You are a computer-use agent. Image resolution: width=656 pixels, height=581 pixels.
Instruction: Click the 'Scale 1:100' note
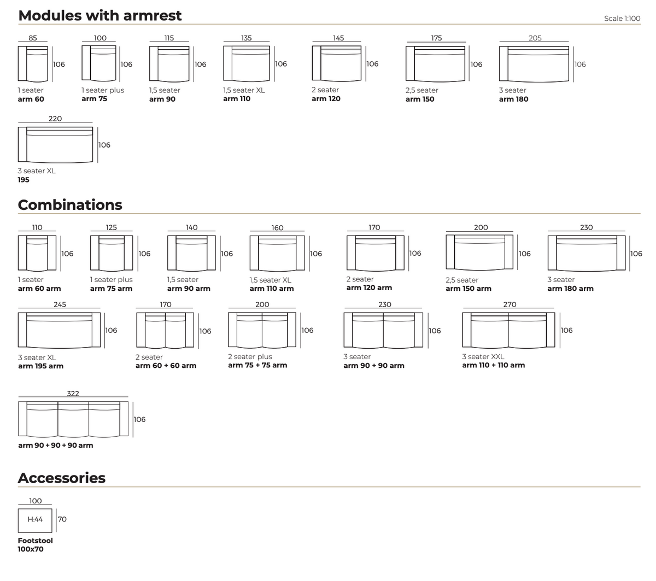tap(622, 19)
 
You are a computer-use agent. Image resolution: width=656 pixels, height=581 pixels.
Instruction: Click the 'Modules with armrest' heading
tap(99, 15)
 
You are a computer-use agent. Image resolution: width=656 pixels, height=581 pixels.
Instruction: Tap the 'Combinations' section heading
tap(70, 204)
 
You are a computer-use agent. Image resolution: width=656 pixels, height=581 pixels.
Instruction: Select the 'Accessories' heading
tap(62, 478)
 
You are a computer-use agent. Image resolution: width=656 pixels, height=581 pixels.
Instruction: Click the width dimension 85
tap(33, 38)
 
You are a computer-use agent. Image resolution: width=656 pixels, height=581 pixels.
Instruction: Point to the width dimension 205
tap(535, 38)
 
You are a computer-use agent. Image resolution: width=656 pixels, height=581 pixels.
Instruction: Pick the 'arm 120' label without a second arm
tap(326, 99)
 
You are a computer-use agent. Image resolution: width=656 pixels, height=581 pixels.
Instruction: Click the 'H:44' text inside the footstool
tap(35, 519)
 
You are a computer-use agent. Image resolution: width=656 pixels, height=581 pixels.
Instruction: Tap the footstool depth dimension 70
tap(62, 519)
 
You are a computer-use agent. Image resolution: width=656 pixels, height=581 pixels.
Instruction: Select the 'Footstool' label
tap(36, 540)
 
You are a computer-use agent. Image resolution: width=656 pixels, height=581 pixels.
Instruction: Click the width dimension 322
tap(73, 394)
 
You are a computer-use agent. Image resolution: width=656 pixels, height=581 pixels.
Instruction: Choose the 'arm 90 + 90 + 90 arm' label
tap(55, 445)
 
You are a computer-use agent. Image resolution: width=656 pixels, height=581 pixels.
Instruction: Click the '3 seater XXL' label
tap(483, 356)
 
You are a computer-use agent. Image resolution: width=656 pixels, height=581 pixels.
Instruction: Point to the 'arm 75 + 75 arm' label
tap(257, 365)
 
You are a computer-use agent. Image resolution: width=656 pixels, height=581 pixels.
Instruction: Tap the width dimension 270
tap(509, 304)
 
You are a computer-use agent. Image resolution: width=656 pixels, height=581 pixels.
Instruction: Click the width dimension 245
tap(60, 304)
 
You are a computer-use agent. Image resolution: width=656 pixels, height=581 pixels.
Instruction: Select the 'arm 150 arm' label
tap(468, 289)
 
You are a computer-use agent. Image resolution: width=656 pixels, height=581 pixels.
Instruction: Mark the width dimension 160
tap(277, 227)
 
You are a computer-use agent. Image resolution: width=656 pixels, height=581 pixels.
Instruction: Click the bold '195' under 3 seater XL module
tap(24, 180)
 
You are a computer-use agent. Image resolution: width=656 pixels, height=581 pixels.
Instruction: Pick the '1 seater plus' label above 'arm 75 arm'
tap(111, 279)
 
